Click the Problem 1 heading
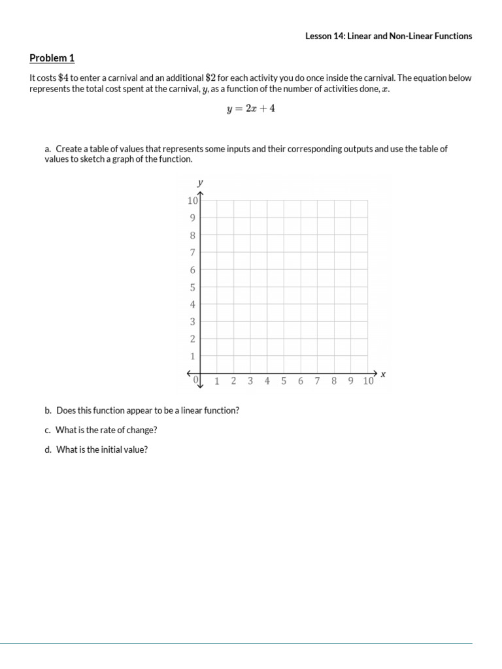pyautogui.click(x=52, y=58)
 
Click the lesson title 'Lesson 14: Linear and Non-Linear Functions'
pyautogui.click(x=388, y=36)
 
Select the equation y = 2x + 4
pyautogui.click(x=250, y=109)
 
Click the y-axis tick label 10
pyautogui.click(x=192, y=201)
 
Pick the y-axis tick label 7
pyautogui.click(x=193, y=252)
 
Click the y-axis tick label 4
pyautogui.click(x=193, y=304)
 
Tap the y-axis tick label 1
pyautogui.click(x=193, y=356)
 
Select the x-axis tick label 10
pyautogui.click(x=368, y=382)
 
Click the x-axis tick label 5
pyautogui.click(x=284, y=382)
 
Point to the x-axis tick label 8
pyautogui.click(x=334, y=382)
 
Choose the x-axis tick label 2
pyautogui.click(x=233, y=382)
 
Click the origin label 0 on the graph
pyautogui.click(x=195, y=379)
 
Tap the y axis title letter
pyautogui.click(x=200, y=182)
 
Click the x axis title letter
pyautogui.click(x=383, y=374)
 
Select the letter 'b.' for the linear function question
pyautogui.click(x=48, y=411)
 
